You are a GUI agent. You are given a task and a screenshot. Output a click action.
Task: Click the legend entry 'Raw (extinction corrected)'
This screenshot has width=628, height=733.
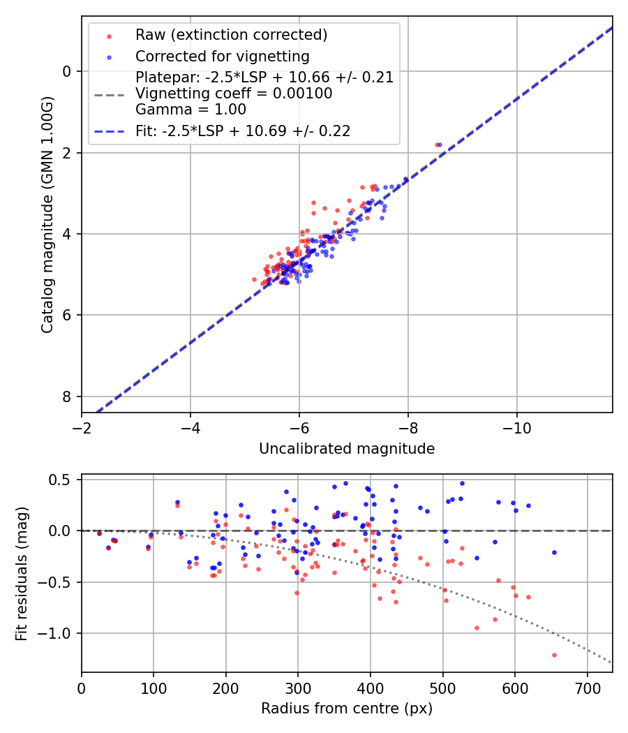coord(231,35)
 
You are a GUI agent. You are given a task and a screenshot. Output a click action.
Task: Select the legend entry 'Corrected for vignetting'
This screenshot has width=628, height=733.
coord(222,56)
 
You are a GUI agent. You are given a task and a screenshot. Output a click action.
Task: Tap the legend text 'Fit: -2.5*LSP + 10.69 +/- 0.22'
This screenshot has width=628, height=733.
coord(243,131)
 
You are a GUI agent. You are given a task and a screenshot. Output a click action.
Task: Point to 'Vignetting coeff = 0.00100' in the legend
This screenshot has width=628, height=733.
coord(234,94)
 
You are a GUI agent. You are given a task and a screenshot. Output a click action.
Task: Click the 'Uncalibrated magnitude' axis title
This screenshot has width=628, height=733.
coord(347,449)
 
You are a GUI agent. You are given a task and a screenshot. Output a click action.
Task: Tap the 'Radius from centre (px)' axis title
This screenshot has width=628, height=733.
coord(347,709)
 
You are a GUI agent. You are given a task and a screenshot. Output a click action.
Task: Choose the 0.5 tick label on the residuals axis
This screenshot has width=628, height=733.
coord(63,480)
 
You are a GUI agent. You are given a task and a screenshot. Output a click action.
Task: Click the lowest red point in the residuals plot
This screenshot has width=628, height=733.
coord(554,655)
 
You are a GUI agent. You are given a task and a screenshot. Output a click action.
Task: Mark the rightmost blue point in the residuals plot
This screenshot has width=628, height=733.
coord(554,552)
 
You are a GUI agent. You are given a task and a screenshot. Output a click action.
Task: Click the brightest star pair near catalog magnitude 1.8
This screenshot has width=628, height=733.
coord(438,145)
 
